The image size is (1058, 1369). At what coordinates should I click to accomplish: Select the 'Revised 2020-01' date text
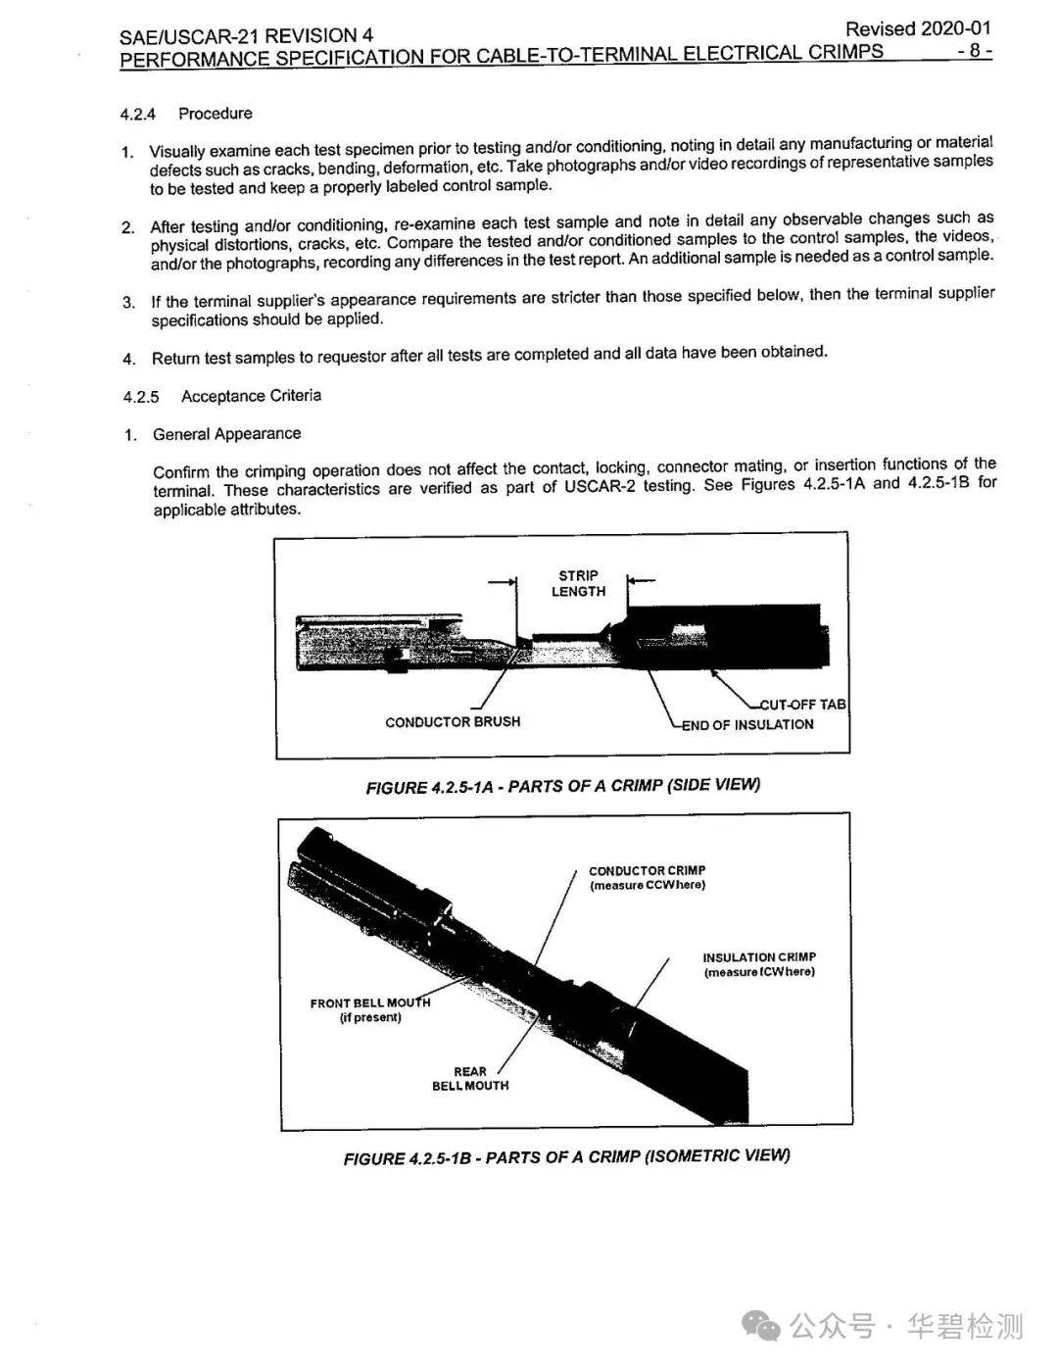(x=918, y=29)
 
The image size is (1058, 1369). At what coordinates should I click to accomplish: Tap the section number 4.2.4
(x=137, y=115)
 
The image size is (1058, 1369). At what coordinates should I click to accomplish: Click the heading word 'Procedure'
(x=215, y=114)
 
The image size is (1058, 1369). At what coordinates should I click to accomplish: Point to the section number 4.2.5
(x=141, y=397)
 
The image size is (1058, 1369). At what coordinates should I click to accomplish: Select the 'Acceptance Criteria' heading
(x=251, y=396)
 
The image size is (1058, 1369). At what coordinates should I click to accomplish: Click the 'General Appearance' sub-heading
(x=226, y=434)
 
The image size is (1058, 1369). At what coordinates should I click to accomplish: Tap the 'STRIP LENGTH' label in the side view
(x=578, y=584)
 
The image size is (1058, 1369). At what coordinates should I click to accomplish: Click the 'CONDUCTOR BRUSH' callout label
(x=453, y=722)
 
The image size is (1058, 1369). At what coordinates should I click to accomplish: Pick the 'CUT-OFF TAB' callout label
(x=803, y=705)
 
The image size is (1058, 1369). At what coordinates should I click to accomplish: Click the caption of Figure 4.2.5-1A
(x=562, y=786)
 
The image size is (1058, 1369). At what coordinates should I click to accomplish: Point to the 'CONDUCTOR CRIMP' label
(x=647, y=877)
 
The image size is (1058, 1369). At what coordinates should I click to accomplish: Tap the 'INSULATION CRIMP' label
(x=758, y=964)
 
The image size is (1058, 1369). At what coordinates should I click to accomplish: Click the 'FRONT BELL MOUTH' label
(x=369, y=1010)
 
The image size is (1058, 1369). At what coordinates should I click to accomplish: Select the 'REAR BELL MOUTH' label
(x=470, y=1079)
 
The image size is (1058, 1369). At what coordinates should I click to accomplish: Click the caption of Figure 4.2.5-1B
(x=566, y=1157)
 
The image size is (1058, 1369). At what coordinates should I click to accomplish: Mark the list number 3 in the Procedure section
(x=128, y=302)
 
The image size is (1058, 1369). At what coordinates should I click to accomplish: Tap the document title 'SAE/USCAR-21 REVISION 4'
(x=246, y=37)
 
